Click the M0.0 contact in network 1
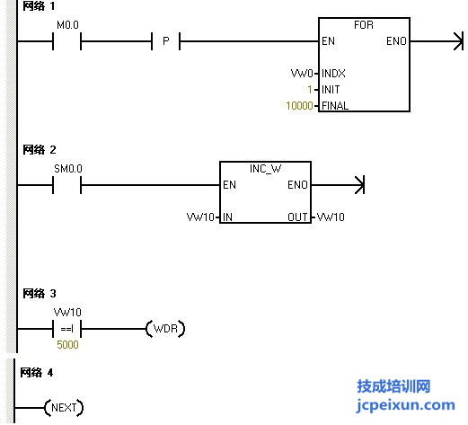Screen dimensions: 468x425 pos(66,41)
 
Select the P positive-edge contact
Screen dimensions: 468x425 pos(165,41)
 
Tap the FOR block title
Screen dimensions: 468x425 pos(364,25)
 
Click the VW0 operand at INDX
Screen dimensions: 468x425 pos(302,74)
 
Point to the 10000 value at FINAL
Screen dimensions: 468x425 pos(299,106)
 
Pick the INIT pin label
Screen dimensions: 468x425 pos(331,90)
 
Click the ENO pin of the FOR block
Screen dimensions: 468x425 pos(396,41)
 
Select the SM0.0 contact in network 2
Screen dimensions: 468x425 pos(66,185)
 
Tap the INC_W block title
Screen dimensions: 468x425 pos(265,169)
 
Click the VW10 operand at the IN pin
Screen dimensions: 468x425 pos(200,217)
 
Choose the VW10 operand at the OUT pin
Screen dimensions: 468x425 pos(331,217)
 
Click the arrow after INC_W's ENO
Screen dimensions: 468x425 pos(338,185)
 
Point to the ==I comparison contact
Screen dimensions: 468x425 pos(66,329)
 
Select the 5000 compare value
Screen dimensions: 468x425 pos(67,345)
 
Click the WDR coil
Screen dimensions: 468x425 pos(165,329)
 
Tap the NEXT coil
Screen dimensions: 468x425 pos(64,408)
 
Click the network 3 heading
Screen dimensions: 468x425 pos(40,294)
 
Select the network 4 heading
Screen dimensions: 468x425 pos(37,373)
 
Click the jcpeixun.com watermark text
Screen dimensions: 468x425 pos(406,405)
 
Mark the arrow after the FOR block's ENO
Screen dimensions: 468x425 pos(437,41)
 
